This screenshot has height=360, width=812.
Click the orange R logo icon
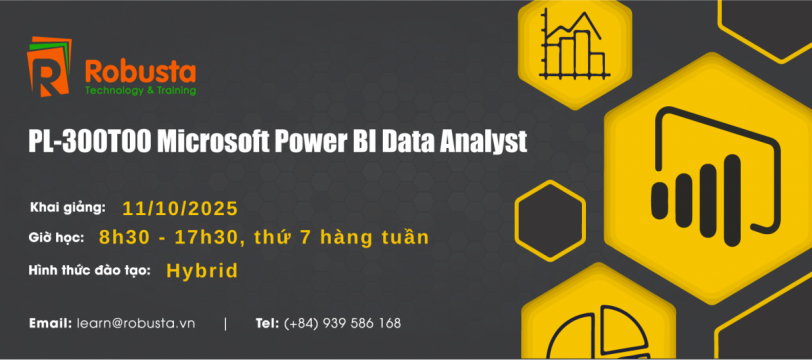[x=49, y=66]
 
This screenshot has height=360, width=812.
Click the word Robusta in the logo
[x=140, y=72]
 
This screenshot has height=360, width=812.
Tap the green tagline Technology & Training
[x=140, y=91]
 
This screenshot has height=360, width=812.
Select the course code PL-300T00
[x=89, y=142]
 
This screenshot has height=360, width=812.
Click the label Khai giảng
[x=68, y=208]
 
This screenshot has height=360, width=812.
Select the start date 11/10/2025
[x=180, y=208]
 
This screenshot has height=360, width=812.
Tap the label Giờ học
[x=56, y=238]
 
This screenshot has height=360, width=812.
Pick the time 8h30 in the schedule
[x=125, y=238]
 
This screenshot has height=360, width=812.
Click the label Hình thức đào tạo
[x=90, y=270]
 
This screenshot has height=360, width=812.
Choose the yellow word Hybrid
[x=202, y=271]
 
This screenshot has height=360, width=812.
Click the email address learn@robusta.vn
[x=136, y=324]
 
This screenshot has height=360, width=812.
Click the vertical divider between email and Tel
[x=225, y=324]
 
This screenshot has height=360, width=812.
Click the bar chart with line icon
[x=573, y=44]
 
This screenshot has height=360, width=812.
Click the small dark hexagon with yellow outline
[x=550, y=221]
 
